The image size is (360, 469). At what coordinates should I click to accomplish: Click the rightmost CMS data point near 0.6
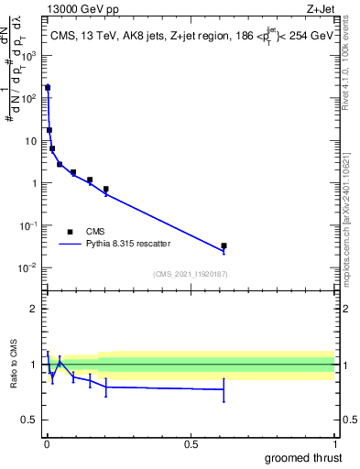224,245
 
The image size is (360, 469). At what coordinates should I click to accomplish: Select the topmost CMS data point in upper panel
48,88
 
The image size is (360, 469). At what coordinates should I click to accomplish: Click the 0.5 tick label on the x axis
191,444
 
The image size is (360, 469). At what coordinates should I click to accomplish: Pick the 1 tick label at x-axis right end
334,444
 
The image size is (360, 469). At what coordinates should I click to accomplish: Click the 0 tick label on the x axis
47,444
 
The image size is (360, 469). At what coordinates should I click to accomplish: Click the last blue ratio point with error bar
224,389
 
